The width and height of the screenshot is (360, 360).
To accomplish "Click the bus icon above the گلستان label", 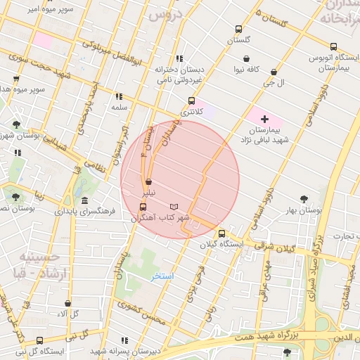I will [x=239, y=30].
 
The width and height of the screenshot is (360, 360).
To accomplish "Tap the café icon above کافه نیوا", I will [x=247, y=58].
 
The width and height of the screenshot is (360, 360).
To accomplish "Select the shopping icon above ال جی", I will [x=274, y=72].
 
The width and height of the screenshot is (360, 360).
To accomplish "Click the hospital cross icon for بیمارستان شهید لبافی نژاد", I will [x=264, y=120].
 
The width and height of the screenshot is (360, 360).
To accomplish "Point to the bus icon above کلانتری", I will [x=192, y=101].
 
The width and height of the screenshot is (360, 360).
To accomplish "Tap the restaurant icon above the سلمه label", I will [x=119, y=96].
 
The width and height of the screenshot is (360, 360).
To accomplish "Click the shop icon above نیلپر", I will [x=147, y=181].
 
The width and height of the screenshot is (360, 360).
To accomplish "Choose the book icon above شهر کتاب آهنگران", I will [x=174, y=207].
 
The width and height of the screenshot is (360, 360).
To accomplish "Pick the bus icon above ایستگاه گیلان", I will [x=222, y=233].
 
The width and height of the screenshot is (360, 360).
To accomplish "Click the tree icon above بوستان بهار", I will [x=304, y=199].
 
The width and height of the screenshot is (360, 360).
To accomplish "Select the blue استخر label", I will [x=162, y=276].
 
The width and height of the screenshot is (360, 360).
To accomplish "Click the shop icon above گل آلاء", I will [x=67, y=303].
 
